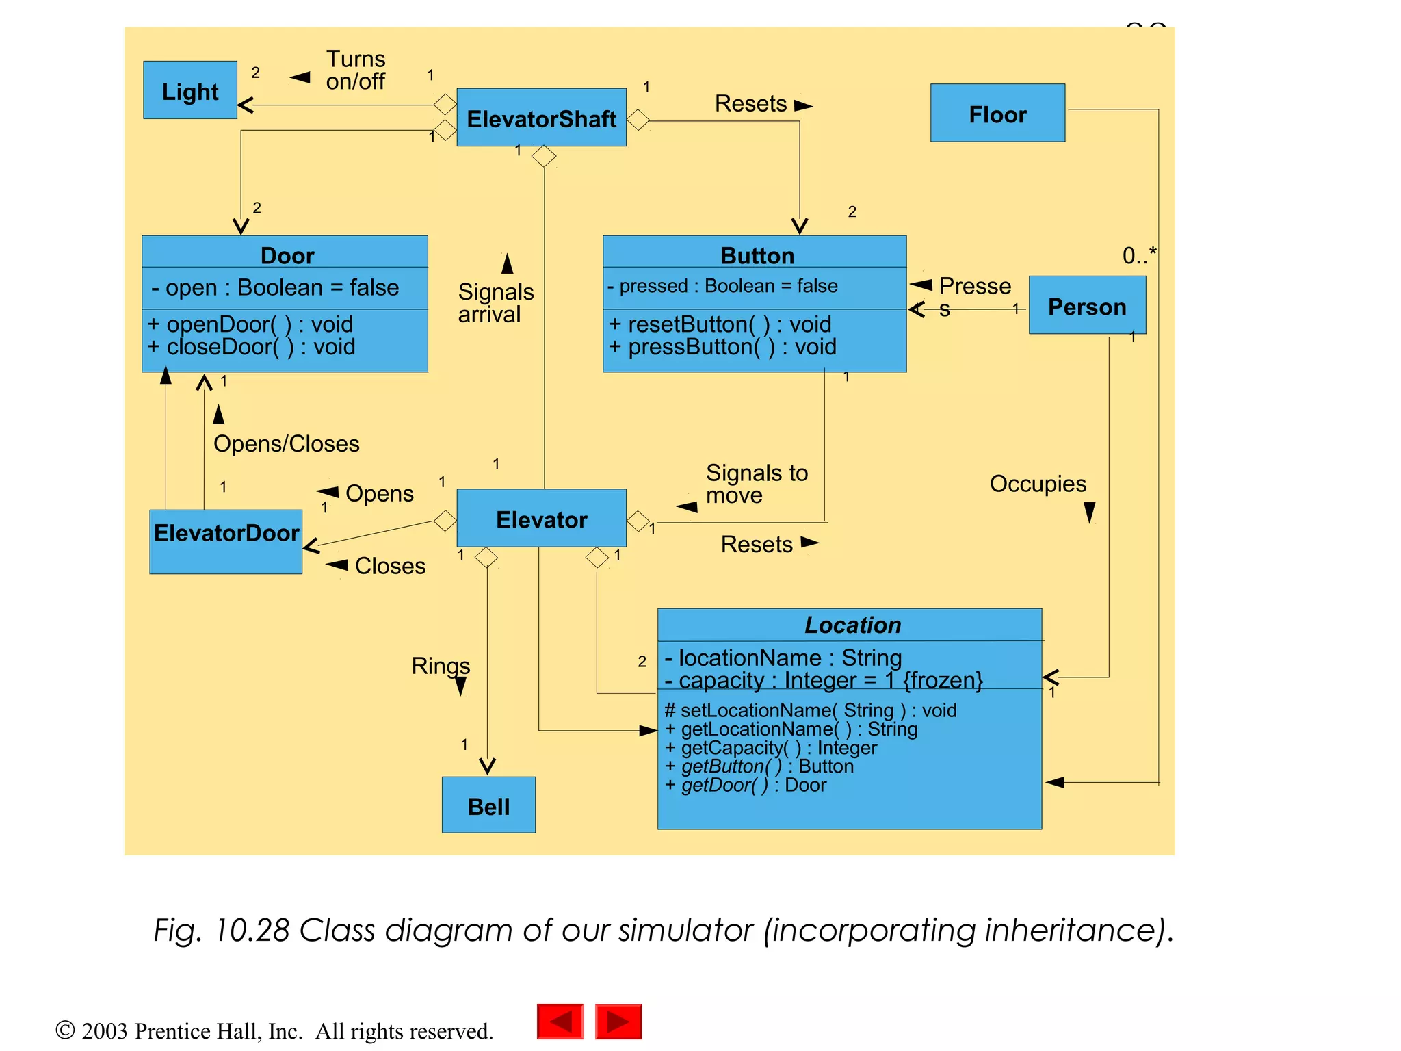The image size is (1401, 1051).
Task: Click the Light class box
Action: pos(190,90)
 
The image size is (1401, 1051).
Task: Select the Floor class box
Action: pos(997,114)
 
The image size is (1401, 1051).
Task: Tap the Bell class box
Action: pos(488,805)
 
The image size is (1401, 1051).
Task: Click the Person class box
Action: pos(1087,306)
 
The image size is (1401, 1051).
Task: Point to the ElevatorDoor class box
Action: pos(226,541)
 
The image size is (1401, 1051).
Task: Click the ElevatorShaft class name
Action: pos(541,118)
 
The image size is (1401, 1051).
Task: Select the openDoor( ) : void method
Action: pos(250,324)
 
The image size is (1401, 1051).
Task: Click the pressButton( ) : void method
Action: pos(723,347)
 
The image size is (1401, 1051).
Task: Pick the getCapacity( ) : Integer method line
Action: pos(771,748)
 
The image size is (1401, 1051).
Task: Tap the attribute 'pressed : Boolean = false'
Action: pos(722,286)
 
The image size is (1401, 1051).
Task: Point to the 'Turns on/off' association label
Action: pos(355,70)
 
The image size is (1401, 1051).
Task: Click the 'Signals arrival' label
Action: pos(495,302)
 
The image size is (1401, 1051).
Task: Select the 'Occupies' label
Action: pos(1038,484)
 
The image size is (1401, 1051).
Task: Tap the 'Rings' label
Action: pos(441,666)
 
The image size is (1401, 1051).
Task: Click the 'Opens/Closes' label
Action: pos(286,444)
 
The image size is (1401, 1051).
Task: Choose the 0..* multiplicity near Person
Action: pos(1138,256)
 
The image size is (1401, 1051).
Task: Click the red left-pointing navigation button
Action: pos(560,1022)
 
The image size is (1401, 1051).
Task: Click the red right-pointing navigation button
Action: pos(618,1022)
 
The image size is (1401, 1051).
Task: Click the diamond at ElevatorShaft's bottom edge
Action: pos(544,156)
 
